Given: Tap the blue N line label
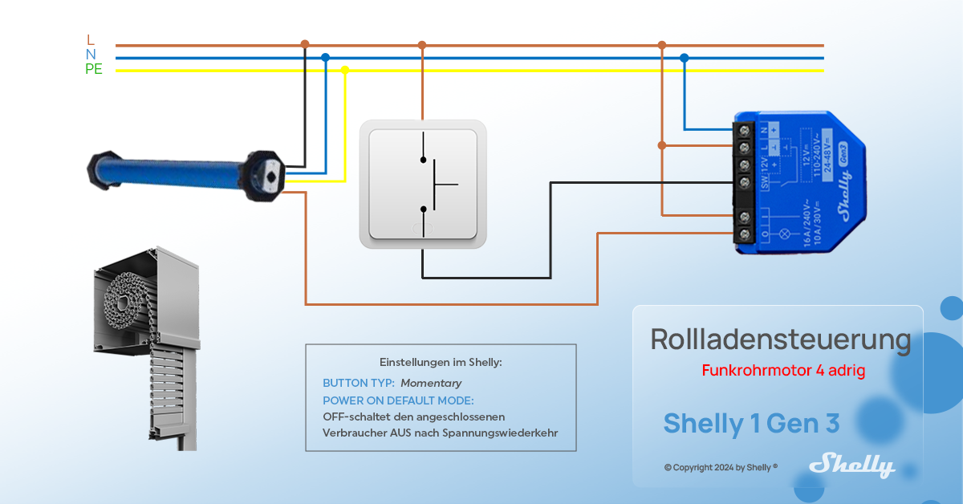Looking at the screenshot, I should (91, 55).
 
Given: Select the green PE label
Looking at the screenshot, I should (94, 70).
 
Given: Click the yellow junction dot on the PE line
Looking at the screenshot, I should (345, 70).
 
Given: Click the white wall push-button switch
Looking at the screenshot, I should (422, 184).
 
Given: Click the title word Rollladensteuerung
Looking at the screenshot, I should (780, 339).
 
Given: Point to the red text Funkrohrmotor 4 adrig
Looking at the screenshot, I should (783, 371).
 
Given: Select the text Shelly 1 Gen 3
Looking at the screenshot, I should (751, 423).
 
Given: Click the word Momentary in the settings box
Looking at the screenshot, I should (431, 384).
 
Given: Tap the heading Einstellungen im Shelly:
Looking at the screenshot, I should (441, 362).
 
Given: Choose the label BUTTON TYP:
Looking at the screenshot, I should (358, 384).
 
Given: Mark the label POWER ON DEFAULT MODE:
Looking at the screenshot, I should (398, 400).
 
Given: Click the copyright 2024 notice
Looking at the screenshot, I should (721, 467).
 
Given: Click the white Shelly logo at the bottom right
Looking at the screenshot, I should (851, 465).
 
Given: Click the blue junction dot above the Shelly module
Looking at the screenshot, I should (684, 58).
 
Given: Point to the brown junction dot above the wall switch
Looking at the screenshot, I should (422, 46).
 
